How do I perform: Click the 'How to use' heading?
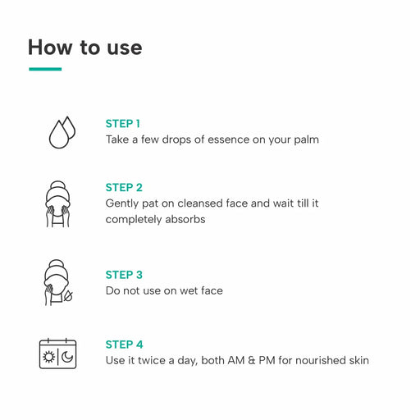[x=85, y=48]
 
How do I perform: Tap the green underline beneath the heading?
[x=45, y=69]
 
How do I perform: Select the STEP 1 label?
[x=123, y=124]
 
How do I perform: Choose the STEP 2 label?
[x=124, y=188]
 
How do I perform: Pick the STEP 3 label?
[x=124, y=275]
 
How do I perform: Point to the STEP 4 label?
[x=124, y=345]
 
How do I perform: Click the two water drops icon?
[x=62, y=133]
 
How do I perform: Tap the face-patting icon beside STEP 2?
[x=57, y=204]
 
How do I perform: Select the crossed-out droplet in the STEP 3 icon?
[x=68, y=296]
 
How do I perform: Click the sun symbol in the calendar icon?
[x=48, y=357]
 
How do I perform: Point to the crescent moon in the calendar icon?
[x=67, y=357]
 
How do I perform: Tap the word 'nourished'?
[x=321, y=360]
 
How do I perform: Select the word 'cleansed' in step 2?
[x=200, y=203]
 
